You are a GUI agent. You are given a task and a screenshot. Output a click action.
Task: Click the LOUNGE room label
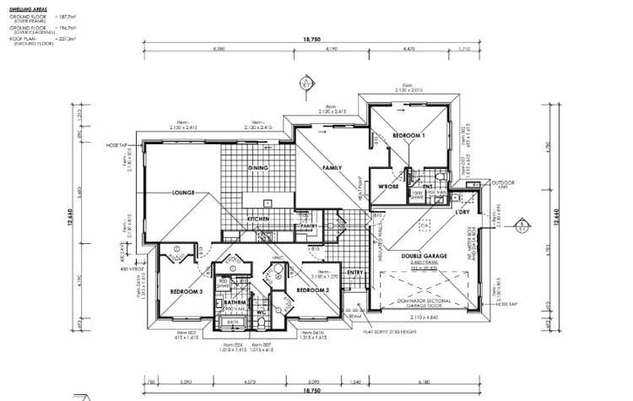click(x=185, y=192)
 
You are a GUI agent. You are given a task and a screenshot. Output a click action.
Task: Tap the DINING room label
click(x=258, y=168)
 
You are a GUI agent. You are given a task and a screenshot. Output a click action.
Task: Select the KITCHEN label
click(x=258, y=219)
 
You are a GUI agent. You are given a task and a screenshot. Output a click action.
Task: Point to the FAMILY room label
click(x=331, y=169)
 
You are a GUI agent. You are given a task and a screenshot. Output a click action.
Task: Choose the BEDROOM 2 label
click(x=312, y=290)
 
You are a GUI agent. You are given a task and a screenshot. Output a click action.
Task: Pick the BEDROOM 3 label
click(x=186, y=290)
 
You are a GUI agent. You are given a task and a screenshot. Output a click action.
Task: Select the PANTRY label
click(x=308, y=226)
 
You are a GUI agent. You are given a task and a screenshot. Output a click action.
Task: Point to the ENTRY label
click(x=355, y=272)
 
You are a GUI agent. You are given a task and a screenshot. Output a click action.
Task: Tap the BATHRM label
click(x=235, y=302)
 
